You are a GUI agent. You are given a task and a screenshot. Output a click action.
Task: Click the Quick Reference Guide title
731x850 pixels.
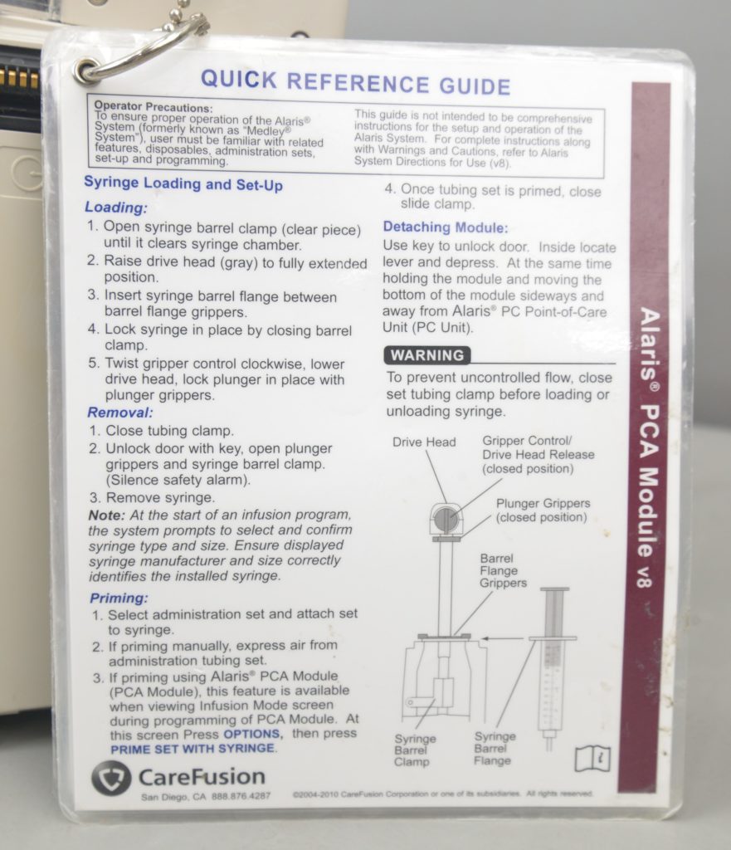pyautogui.click(x=355, y=82)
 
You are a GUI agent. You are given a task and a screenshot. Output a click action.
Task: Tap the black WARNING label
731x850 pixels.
pyautogui.click(x=427, y=355)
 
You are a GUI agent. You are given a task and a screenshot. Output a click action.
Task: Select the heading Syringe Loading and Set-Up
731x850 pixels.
pyautogui.click(x=183, y=183)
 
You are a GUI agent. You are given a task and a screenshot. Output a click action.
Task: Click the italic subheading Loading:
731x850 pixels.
pyautogui.click(x=116, y=208)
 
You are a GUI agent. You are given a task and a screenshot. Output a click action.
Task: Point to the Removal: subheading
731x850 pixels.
pyautogui.click(x=120, y=413)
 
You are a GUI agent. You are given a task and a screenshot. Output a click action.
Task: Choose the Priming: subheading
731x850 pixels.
pyautogui.click(x=119, y=598)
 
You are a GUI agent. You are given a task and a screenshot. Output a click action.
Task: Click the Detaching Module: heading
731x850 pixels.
pyautogui.click(x=446, y=227)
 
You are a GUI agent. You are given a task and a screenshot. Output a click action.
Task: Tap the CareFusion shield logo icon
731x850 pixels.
pyautogui.click(x=111, y=777)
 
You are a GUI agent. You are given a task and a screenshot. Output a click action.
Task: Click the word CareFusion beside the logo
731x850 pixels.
pyautogui.click(x=202, y=776)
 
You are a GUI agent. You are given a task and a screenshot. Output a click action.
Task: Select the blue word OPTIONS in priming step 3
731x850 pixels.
pyautogui.click(x=252, y=734)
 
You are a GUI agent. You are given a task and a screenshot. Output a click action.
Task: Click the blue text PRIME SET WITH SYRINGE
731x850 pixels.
pyautogui.click(x=192, y=749)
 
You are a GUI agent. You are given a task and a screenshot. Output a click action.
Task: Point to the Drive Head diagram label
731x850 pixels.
pyautogui.click(x=424, y=442)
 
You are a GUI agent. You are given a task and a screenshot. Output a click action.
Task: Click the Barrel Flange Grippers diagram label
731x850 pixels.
pyautogui.click(x=503, y=571)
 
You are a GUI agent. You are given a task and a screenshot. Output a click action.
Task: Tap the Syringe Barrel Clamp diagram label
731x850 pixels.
pyautogui.click(x=415, y=750)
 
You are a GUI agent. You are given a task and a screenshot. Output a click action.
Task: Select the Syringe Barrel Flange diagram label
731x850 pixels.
pyautogui.click(x=495, y=749)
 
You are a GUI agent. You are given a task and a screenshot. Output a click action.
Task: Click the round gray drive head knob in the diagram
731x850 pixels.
pyautogui.click(x=446, y=520)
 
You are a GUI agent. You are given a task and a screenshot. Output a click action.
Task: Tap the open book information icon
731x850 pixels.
pyautogui.click(x=592, y=759)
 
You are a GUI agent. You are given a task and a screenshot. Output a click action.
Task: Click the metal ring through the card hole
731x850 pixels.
pyautogui.click(x=142, y=51)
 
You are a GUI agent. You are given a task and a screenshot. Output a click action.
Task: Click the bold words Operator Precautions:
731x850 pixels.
pyautogui.click(x=154, y=107)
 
